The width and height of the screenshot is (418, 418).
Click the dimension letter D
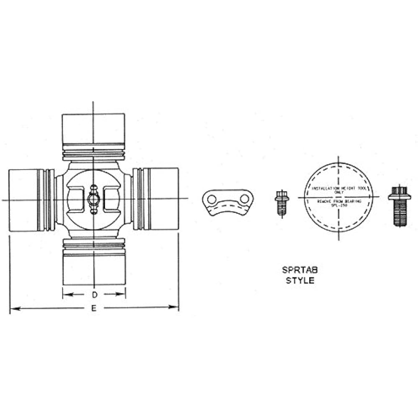[95, 295]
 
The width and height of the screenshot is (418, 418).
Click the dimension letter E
[94, 308]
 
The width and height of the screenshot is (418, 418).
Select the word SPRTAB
[300, 270]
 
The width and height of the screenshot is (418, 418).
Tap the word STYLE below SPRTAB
[300, 280]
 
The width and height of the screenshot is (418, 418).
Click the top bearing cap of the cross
[93, 128]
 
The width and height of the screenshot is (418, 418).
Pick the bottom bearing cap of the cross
[94, 269]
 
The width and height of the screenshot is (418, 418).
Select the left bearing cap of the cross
[23, 200]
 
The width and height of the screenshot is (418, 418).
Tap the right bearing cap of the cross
[163, 199]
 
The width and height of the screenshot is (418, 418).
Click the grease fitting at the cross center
[94, 199]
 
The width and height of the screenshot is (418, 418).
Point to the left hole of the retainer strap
[212, 199]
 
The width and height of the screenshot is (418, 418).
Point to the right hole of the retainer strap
[244, 199]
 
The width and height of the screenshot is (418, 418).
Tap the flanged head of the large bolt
[399, 194]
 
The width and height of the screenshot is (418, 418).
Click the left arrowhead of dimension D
[65, 294]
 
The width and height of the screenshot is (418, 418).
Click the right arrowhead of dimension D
[123, 294]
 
